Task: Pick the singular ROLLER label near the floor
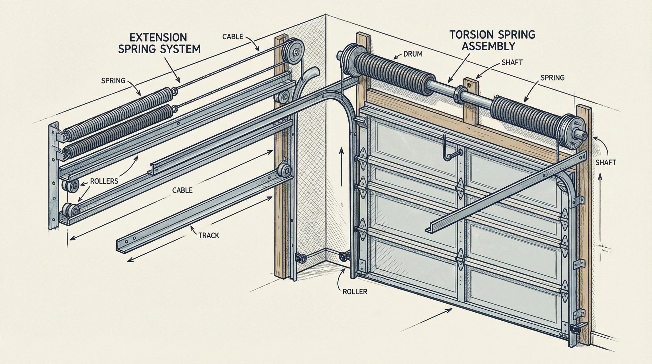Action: pos(355,292)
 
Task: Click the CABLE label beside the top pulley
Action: pos(233,36)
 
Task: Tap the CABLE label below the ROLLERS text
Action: pos(182,190)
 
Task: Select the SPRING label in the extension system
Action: pos(113,81)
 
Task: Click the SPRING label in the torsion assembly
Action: pos(552,77)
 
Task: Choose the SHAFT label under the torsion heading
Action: pos(512,62)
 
